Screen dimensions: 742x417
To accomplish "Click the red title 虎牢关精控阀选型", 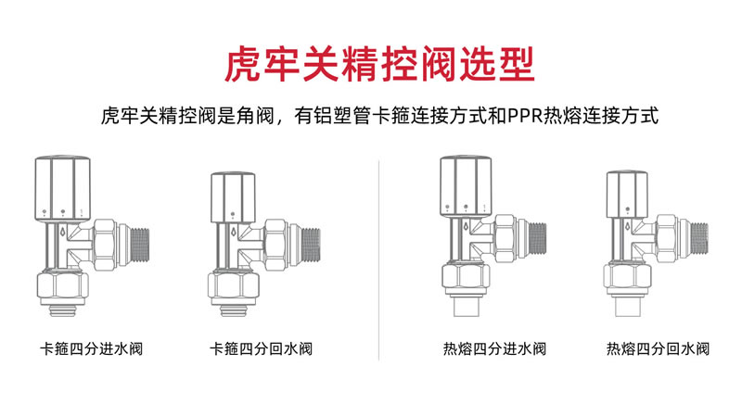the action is pyautogui.click(x=379, y=64).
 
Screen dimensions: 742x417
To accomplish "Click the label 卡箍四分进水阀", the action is pyautogui.click(x=91, y=349).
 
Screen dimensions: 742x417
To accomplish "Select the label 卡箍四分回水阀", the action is pyautogui.click(x=262, y=349).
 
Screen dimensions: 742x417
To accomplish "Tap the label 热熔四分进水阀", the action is pyautogui.click(x=494, y=349).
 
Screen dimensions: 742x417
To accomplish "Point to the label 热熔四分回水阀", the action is pyautogui.click(x=658, y=349).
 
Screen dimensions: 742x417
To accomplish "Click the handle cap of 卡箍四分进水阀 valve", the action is pyautogui.click(x=62, y=188).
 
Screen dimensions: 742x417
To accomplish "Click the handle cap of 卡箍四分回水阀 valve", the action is pyautogui.click(x=233, y=197).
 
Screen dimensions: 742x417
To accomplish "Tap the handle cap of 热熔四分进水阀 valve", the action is pyautogui.click(x=466, y=186).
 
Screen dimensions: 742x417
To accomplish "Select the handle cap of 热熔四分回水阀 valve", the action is pyautogui.click(x=627, y=195).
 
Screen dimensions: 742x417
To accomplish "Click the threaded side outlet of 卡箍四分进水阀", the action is pyautogui.click(x=140, y=245).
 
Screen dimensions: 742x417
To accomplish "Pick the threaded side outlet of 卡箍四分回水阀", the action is pyautogui.click(x=311, y=245).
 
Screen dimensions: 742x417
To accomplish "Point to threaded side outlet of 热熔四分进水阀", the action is pyautogui.click(x=537, y=240).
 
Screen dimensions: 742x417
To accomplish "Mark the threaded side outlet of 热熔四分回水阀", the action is pyautogui.click(x=699, y=240).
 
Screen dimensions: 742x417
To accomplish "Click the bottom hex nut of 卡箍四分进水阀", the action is pyautogui.click(x=62, y=285).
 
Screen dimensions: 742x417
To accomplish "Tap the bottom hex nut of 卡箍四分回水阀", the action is pyautogui.click(x=234, y=285).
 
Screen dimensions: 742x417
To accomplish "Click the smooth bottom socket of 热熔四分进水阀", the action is pyautogui.click(x=467, y=306).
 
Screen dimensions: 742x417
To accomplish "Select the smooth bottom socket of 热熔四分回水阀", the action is pyautogui.click(x=628, y=306).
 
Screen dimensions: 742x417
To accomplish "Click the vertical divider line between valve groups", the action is pyautogui.click(x=379, y=260).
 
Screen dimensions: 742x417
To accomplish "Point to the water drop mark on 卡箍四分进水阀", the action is pyautogui.click(x=62, y=233).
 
